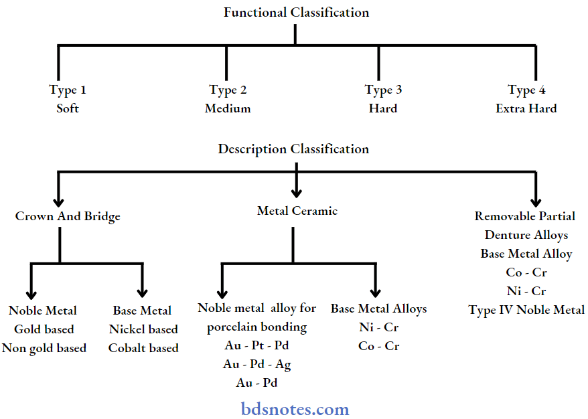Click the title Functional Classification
click(296, 12)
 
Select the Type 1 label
click(68, 90)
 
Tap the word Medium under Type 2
click(228, 108)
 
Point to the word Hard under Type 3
click(382, 108)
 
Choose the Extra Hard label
click(526, 108)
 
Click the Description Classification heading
click(293, 149)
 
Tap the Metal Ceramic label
click(297, 211)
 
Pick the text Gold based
click(44, 329)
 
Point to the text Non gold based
click(44, 348)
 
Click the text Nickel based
click(143, 329)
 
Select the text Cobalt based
click(143, 348)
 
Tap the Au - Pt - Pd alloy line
click(257, 346)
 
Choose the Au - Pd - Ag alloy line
click(257, 365)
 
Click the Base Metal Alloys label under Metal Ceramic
click(378, 309)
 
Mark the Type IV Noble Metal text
click(526, 310)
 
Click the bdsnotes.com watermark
click(295, 408)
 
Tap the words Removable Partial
click(525, 216)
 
